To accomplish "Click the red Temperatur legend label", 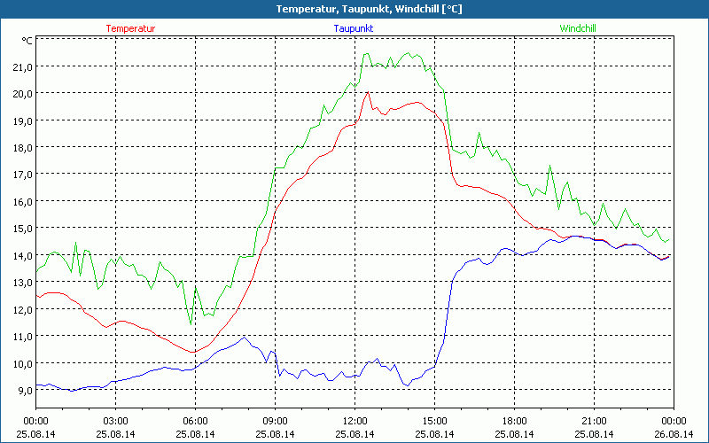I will pos(130,28).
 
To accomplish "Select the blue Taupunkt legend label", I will pos(353,28).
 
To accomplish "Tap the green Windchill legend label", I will pos(577,28).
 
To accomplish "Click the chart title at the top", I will pos(355,9).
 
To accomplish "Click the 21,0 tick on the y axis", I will pos(21,66).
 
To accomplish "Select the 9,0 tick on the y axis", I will pos(21,390).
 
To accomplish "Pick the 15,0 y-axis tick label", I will pos(21,228).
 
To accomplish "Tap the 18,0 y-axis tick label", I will pos(21,147).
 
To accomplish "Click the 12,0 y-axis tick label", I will pos(21,309).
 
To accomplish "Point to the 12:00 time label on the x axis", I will pos(354,421).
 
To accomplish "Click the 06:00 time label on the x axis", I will pos(195,421).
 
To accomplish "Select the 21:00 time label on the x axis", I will pos(594,421).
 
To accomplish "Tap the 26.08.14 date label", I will pos(674,434).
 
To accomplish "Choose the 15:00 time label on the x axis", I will pos(434,421).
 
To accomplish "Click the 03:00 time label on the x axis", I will pos(115,421).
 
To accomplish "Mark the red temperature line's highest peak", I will pos(367,92).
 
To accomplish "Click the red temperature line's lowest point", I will pos(191,352).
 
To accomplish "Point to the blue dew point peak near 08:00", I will pos(244,337).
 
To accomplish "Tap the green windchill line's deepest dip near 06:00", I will pos(191,324).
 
